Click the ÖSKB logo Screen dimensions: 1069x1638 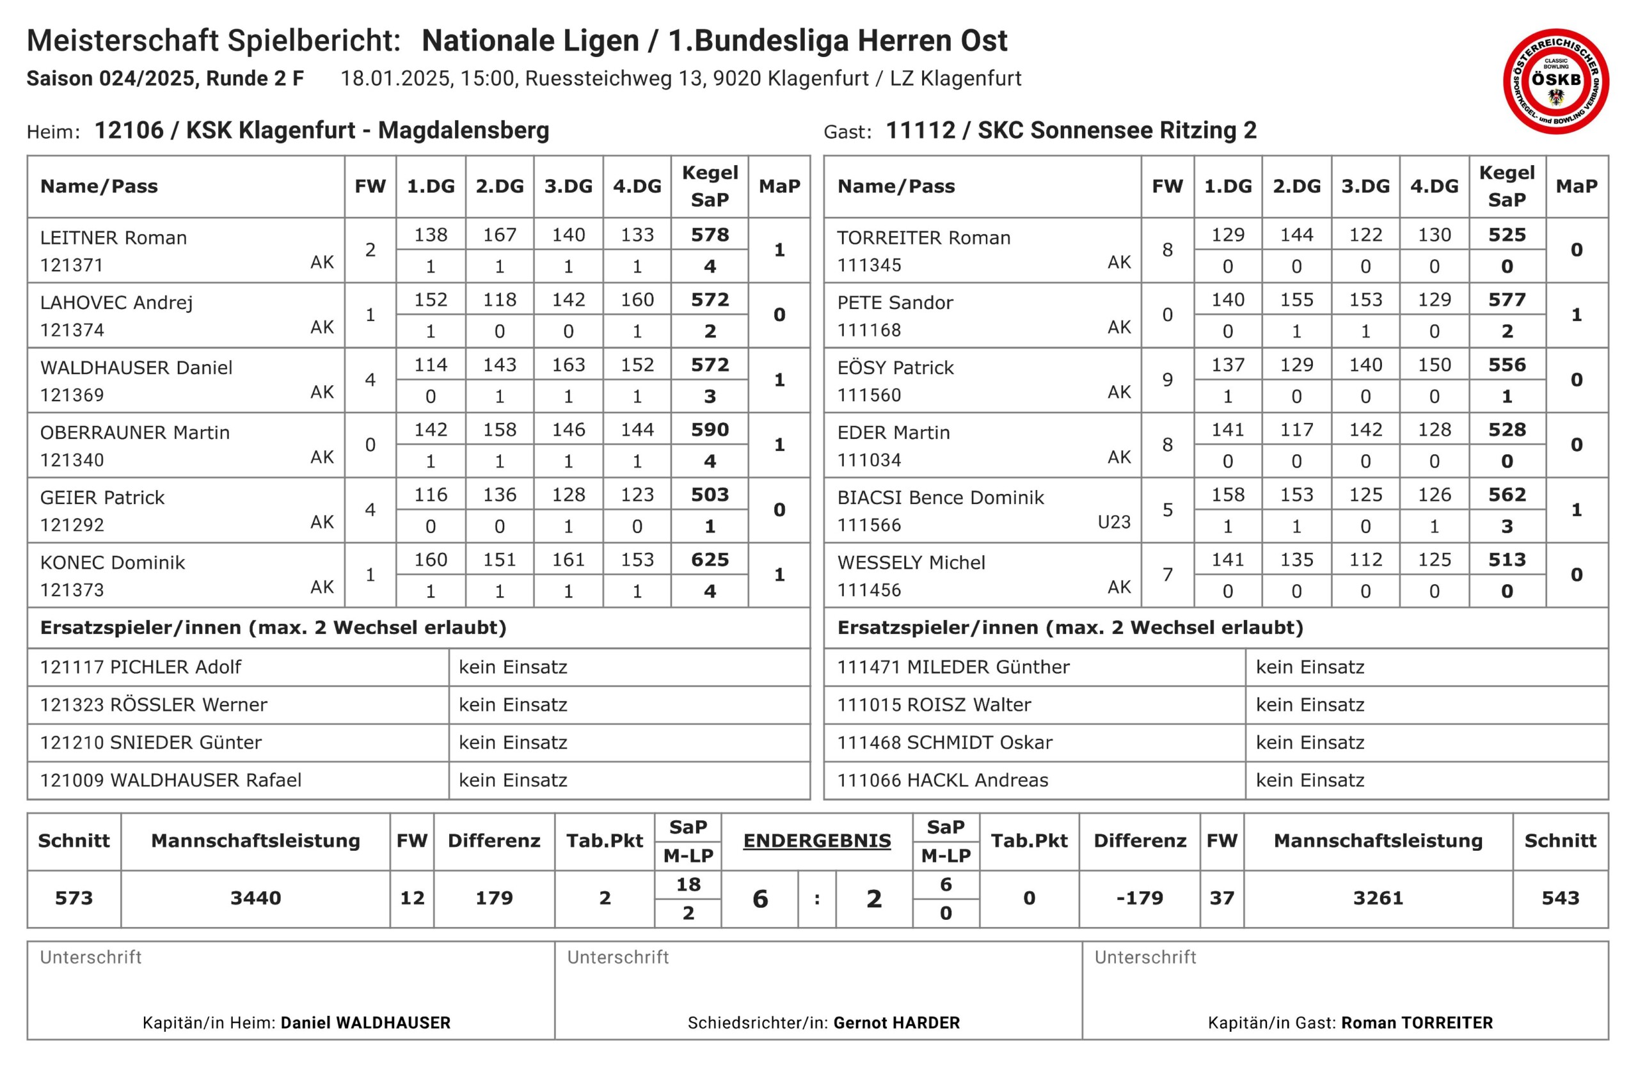1555,81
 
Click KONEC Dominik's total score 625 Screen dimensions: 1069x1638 710,559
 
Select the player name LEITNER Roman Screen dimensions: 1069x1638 113,238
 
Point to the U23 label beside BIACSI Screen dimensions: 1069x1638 1113,522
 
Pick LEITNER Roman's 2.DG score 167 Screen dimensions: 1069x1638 500,235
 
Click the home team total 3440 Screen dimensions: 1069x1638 255,898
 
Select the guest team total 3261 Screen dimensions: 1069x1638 1378,898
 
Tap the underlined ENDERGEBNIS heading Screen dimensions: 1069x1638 817,841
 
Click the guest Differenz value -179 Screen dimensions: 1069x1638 1140,898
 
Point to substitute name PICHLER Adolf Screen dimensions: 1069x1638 175,667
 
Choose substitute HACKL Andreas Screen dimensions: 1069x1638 977,780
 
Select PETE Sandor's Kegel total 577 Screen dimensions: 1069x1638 1507,300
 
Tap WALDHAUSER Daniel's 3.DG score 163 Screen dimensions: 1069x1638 568,365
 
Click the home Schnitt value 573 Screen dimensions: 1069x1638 74,898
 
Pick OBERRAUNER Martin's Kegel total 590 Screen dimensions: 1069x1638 710,430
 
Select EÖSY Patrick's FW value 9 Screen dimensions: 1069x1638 1167,380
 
